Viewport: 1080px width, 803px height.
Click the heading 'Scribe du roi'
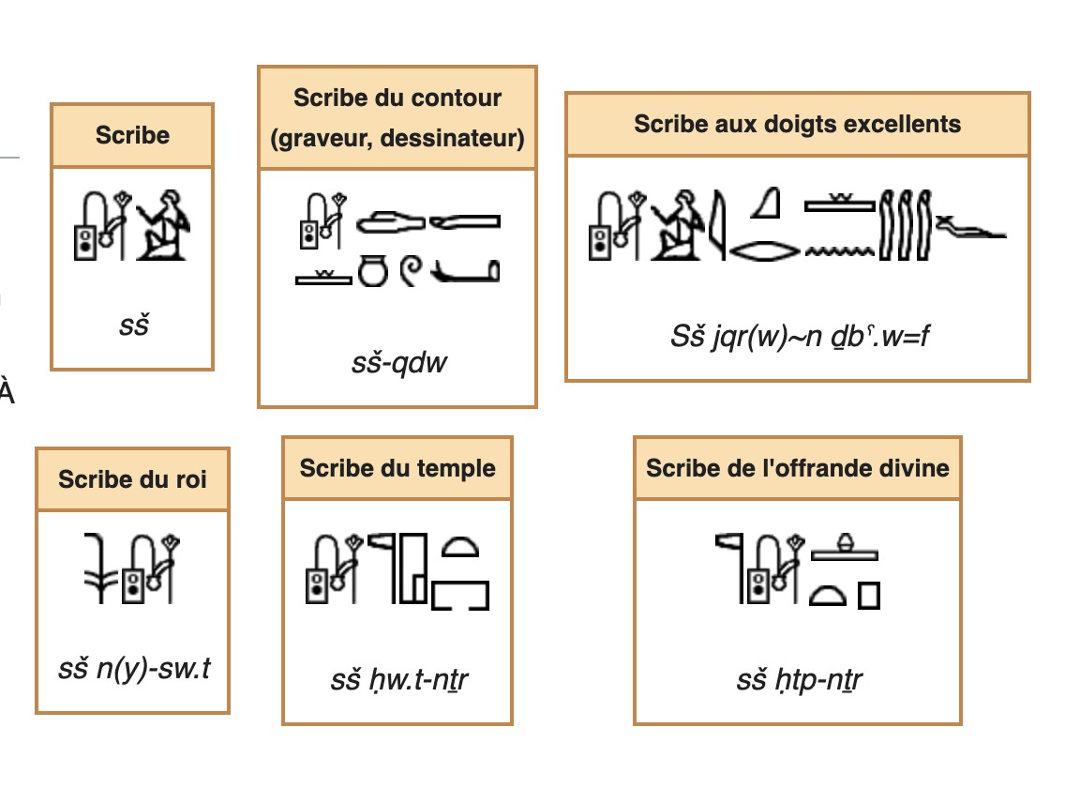pos(132,479)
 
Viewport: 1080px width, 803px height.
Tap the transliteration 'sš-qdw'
pos(398,362)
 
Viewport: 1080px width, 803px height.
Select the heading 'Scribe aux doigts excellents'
pos(797,124)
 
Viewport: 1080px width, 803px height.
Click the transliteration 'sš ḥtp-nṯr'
pos(799,680)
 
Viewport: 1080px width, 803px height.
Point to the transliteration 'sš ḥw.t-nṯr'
pos(398,680)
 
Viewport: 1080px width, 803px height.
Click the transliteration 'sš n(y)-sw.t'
pos(134,669)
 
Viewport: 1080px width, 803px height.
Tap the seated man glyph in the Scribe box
pos(162,225)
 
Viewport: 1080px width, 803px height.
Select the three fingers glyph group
pos(906,225)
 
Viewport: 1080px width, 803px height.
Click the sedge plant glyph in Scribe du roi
pos(100,568)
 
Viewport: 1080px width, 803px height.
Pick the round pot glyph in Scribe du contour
pos(373,270)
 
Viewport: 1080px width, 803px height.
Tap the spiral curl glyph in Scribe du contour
pos(412,270)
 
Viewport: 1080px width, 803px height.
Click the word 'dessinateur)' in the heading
pos(453,139)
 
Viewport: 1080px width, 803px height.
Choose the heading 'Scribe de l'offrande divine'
pos(798,469)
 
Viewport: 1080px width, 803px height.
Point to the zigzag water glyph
pos(840,252)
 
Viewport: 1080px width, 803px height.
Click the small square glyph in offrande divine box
pos(868,596)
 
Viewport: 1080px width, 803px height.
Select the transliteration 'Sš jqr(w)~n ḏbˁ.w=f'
pos(800,337)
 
